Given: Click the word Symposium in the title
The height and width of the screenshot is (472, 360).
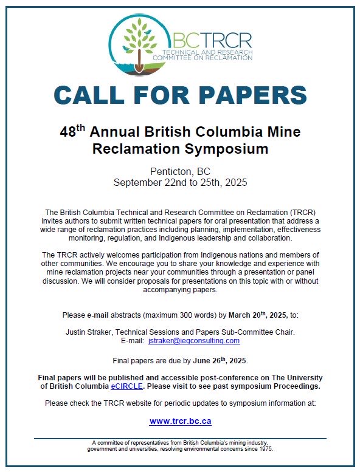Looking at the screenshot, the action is point(233,148).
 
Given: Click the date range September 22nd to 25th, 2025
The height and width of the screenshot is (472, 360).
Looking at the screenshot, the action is point(180,182).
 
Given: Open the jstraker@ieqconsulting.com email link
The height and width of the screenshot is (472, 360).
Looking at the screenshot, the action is point(194,340).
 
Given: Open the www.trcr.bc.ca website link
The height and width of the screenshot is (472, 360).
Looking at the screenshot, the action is point(180,420).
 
